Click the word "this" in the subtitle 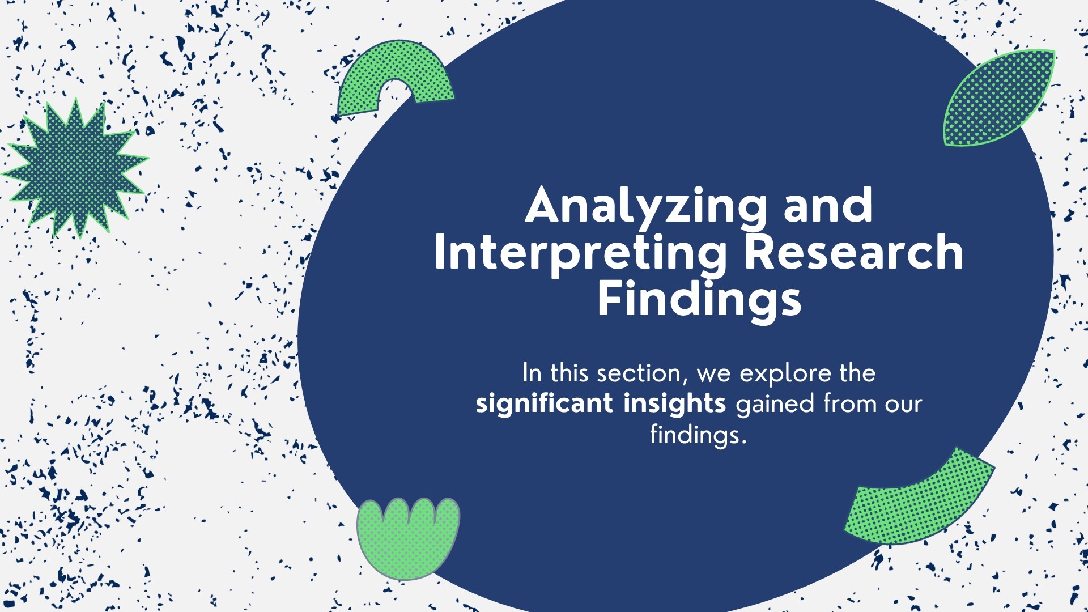point(569,373)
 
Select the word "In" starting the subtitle point(532,373)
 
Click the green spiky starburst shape point(75,168)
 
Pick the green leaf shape point(998,97)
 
